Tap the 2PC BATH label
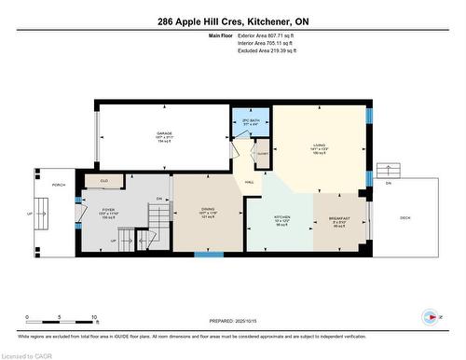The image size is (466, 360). (251, 122)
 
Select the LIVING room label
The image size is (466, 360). (317, 145)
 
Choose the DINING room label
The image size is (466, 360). (208, 210)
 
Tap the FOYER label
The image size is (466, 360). (107, 211)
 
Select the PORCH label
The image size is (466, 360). (59, 185)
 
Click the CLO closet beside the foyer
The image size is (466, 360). (104, 181)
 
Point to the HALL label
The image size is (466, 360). (250, 182)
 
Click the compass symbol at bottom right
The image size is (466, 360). (429, 316)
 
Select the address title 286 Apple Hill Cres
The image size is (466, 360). (232, 21)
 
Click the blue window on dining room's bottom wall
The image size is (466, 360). (208, 254)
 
